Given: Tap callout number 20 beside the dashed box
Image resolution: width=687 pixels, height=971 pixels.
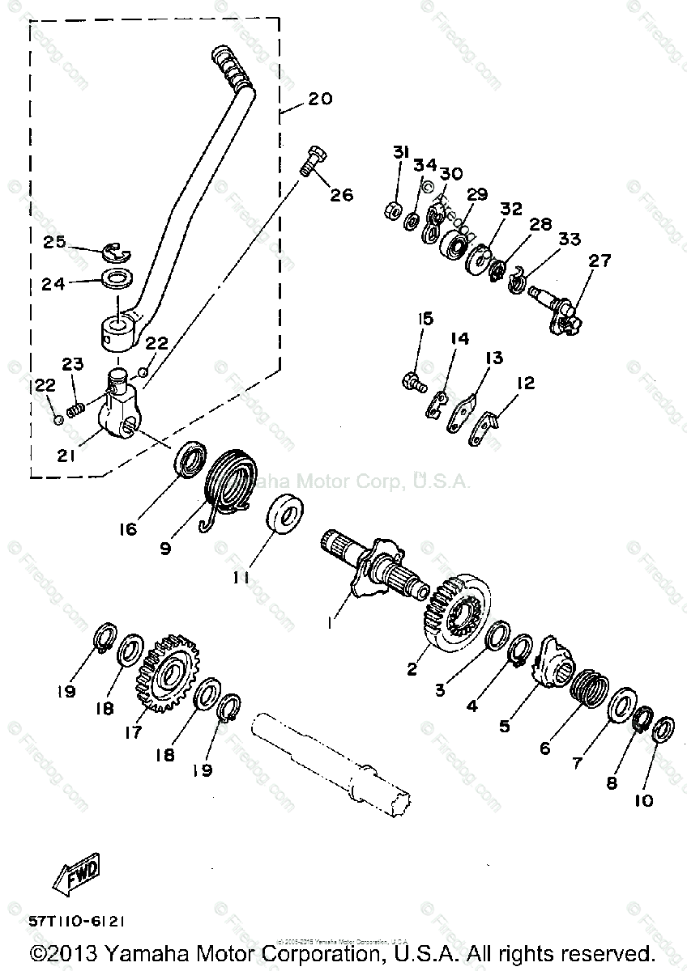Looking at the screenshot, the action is pyautogui.click(x=319, y=100).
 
